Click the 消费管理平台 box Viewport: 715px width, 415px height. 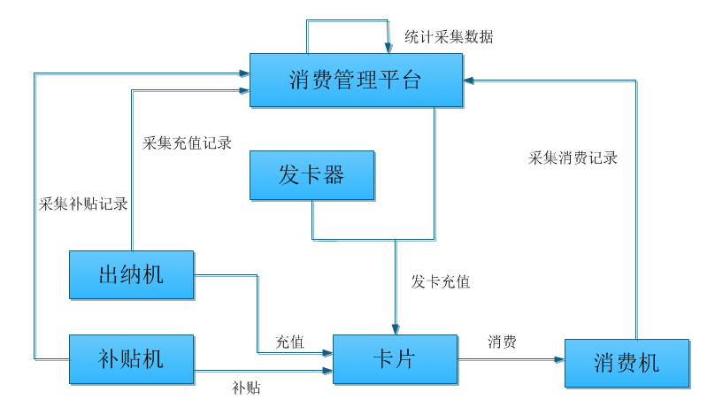(x=356, y=81)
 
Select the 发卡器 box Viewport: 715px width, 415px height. (x=311, y=175)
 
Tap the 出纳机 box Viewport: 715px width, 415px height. (x=131, y=275)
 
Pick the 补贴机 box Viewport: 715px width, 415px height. (x=131, y=359)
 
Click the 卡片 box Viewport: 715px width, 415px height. (x=395, y=359)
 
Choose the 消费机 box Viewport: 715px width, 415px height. (x=627, y=364)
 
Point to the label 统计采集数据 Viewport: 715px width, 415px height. (x=449, y=37)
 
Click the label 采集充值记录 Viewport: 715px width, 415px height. (x=187, y=142)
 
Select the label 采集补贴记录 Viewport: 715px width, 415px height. (x=84, y=204)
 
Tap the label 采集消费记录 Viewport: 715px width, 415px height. (x=573, y=159)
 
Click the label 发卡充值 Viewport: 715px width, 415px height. (x=441, y=282)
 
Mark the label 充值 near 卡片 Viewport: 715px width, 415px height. (x=289, y=342)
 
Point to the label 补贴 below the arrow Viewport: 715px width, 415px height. (x=246, y=388)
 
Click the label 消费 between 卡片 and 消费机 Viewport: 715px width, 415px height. (x=502, y=342)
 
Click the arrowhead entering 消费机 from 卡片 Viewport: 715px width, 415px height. (x=560, y=360)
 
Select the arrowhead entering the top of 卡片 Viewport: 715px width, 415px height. (x=395, y=329)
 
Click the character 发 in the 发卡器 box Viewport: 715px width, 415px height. (x=289, y=175)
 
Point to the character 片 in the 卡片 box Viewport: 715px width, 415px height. (x=406, y=359)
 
